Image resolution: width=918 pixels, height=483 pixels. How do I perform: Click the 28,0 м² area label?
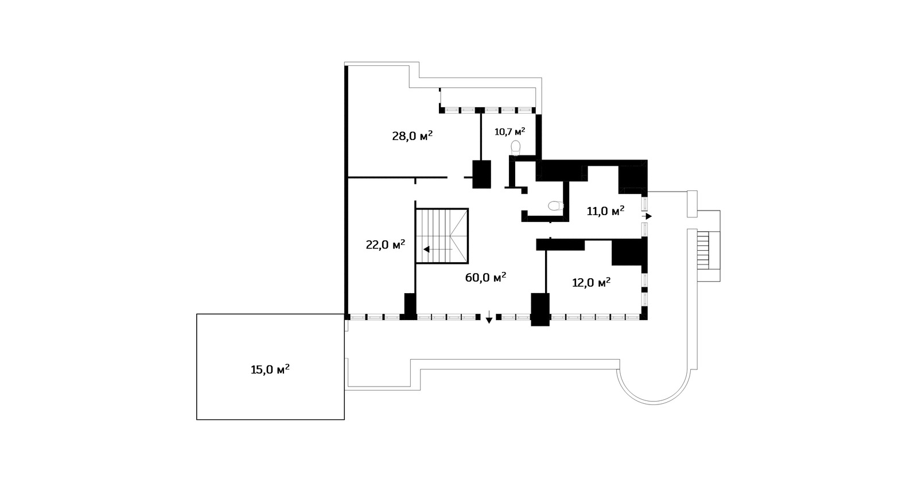click(413, 135)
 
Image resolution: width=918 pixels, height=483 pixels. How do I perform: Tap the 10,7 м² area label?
click(510, 131)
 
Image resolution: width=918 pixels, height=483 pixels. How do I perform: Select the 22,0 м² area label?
click(385, 244)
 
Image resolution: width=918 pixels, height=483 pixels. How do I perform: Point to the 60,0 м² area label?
click(485, 277)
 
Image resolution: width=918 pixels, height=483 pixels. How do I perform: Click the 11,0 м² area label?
click(605, 211)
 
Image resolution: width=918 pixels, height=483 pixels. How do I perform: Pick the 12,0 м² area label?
click(591, 283)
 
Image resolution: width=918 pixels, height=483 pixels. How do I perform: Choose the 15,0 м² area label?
click(270, 369)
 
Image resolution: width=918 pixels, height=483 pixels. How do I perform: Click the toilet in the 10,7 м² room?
click(516, 148)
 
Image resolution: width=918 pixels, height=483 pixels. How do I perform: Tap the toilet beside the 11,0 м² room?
click(556, 206)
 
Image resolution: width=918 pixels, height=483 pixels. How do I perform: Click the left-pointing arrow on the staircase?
click(438, 249)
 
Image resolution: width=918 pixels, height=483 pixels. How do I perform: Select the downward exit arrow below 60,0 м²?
click(489, 317)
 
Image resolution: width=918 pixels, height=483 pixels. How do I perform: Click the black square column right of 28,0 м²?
click(481, 174)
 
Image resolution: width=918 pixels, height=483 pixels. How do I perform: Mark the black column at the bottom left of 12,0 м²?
click(540, 309)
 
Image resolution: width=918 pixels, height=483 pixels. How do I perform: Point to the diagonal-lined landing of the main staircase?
click(459, 236)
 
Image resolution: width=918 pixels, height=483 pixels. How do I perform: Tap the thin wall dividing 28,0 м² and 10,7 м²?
click(481, 137)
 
